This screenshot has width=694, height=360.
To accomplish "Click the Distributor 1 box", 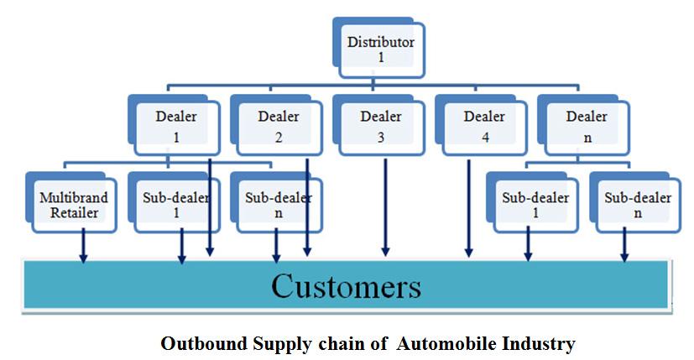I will pos(382,48).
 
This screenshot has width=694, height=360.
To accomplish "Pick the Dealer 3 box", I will pos(381,125).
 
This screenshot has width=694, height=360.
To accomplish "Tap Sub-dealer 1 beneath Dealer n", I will pos(535,205).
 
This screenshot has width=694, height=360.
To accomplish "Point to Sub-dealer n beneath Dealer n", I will pos(638,205).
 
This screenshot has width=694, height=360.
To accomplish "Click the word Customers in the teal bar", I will pos(346,287).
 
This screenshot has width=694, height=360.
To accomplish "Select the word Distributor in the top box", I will pos(382,41).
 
